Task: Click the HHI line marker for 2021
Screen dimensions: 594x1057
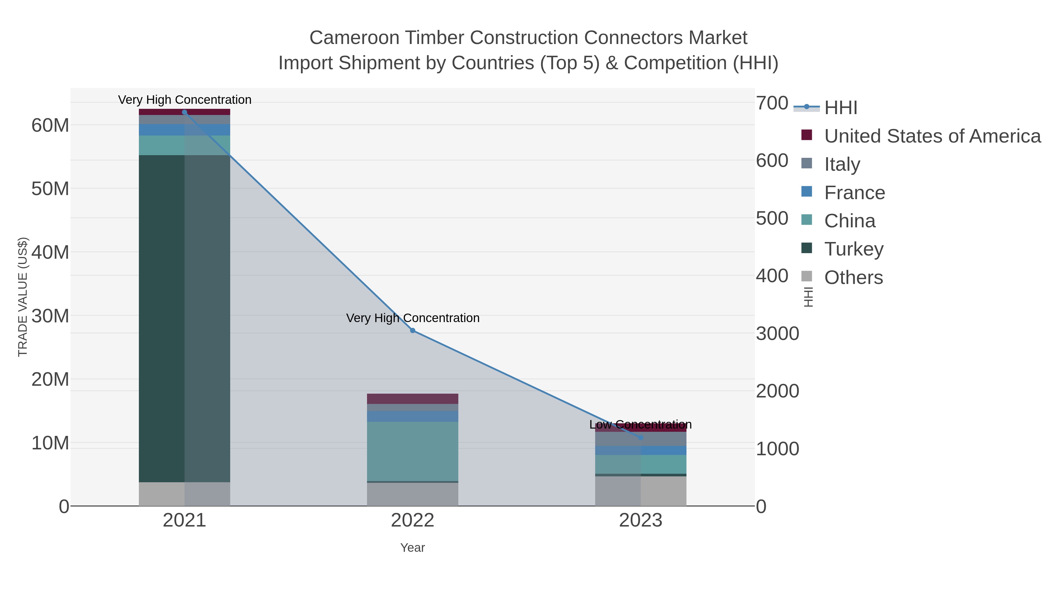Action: (184, 112)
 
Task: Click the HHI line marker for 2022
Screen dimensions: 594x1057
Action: (413, 330)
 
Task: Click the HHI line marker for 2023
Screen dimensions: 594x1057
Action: (641, 438)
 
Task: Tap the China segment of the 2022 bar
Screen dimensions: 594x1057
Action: (413, 451)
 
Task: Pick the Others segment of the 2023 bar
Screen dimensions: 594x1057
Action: (641, 491)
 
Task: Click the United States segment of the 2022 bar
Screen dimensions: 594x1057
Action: (413, 398)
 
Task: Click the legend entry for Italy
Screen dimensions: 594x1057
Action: (842, 164)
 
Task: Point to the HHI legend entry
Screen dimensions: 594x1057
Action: (840, 107)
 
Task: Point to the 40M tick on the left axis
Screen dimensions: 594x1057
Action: (50, 252)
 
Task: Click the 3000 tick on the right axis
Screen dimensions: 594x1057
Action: (777, 333)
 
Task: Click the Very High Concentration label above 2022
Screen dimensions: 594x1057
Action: (413, 318)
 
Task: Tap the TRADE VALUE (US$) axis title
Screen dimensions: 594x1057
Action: (23, 297)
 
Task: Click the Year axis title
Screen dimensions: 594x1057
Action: (413, 548)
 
